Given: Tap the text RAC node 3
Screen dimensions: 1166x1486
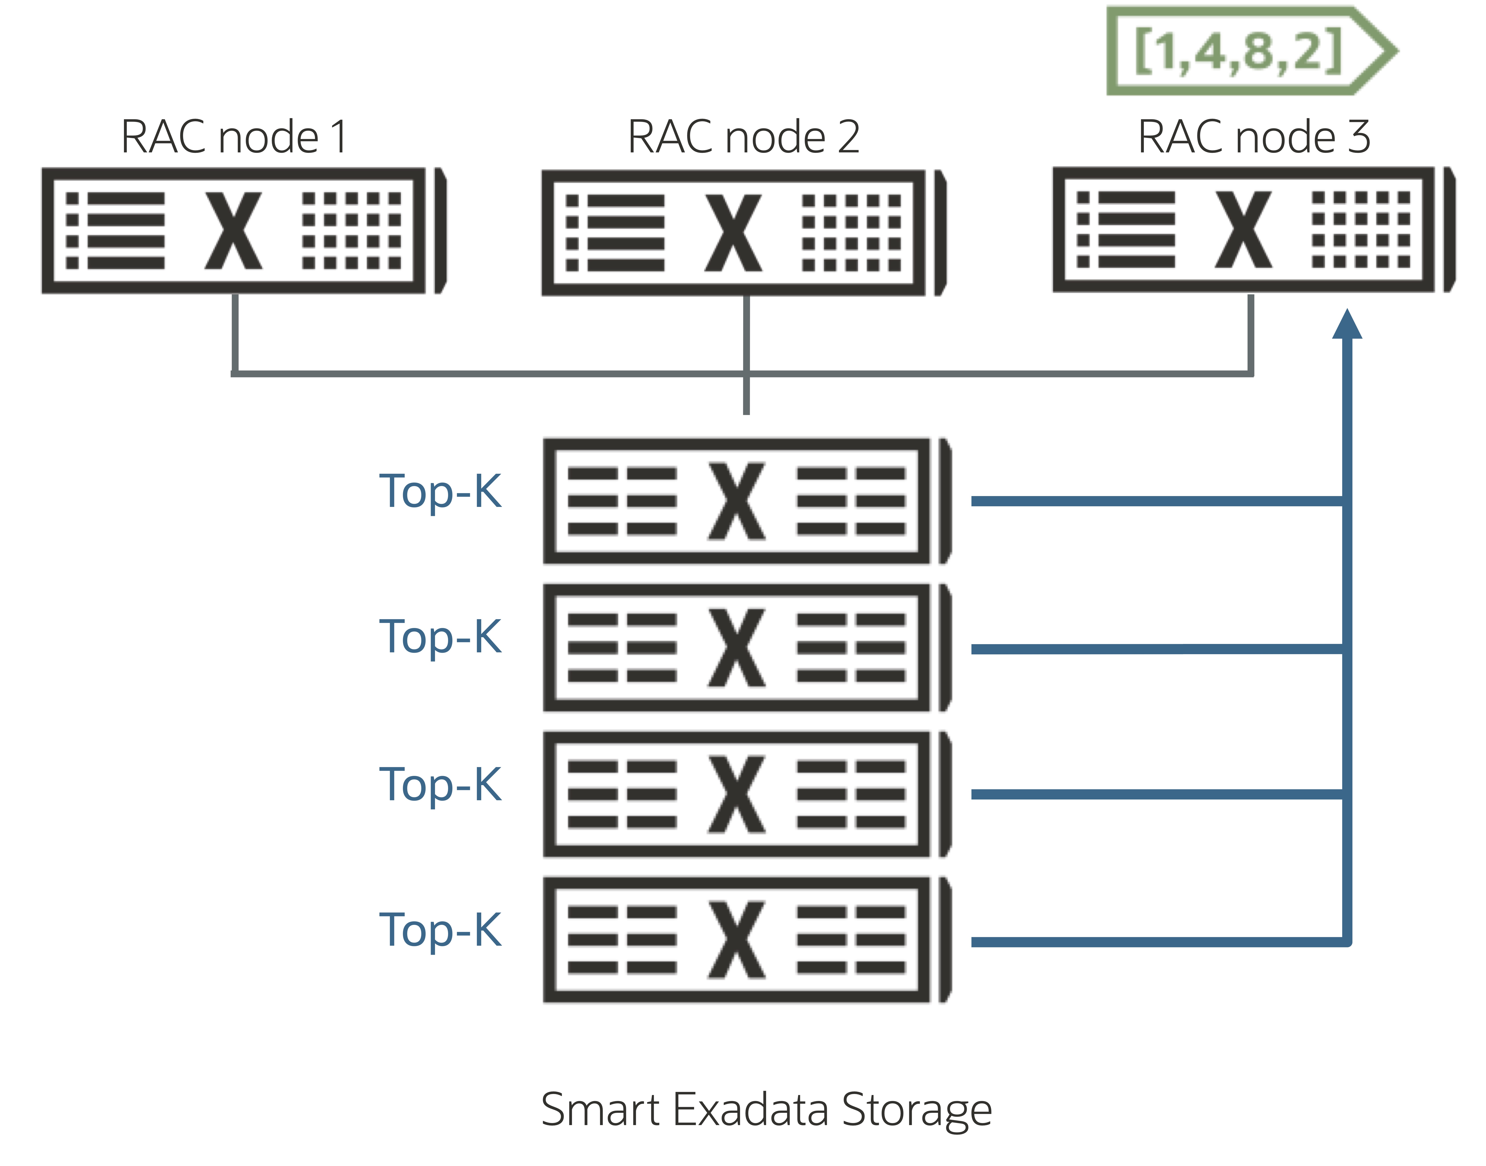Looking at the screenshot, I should tap(1254, 137).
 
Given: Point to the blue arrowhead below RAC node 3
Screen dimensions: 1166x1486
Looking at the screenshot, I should tap(1347, 324).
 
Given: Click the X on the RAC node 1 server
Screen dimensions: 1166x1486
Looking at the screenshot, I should tap(233, 231).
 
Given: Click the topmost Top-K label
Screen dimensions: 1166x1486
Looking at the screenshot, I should tap(440, 492).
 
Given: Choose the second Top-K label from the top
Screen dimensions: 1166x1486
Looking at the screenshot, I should tap(440, 637).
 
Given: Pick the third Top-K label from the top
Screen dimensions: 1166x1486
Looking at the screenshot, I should tap(440, 784).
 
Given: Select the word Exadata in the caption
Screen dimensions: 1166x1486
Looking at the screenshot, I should tap(751, 1109).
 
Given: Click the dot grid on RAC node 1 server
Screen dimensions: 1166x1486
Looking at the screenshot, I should tap(352, 231).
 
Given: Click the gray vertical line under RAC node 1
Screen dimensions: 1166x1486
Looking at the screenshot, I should tap(235, 333).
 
